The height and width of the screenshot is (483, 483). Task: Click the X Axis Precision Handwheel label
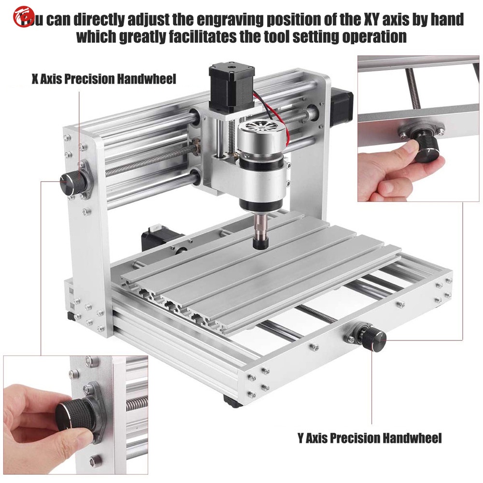[104, 78]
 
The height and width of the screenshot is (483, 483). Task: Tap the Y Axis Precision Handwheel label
[369, 438]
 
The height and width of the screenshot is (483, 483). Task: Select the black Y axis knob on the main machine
[375, 337]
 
